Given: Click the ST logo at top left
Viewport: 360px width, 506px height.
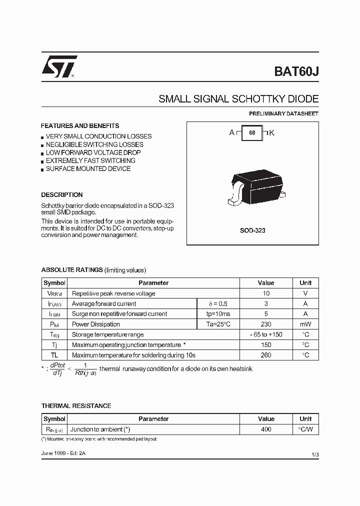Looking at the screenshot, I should [x=59, y=66].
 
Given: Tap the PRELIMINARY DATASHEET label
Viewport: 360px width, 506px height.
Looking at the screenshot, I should [x=283, y=113].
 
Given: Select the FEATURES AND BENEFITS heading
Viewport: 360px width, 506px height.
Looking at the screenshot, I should [x=80, y=126].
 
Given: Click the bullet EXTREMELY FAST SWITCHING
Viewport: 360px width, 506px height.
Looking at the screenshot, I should [x=90, y=160].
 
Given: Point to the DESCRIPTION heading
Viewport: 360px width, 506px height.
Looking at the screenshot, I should [x=62, y=195].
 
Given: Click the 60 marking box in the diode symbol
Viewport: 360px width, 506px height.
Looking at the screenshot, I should [x=252, y=133].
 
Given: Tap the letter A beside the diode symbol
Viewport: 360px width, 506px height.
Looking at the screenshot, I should [x=232, y=133].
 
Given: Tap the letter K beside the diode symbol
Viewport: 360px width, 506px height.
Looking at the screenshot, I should [x=272, y=133].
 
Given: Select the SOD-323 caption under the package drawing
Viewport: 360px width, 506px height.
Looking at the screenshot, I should [x=252, y=230].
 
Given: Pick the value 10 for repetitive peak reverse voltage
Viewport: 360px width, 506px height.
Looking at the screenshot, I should [x=266, y=293].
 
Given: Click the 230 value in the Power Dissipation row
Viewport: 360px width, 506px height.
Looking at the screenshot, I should [x=266, y=324].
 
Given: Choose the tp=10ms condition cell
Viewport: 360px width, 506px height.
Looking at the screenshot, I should [x=218, y=314].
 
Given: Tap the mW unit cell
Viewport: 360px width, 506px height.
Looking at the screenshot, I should [x=305, y=324].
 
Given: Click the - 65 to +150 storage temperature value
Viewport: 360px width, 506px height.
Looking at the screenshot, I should [x=266, y=334].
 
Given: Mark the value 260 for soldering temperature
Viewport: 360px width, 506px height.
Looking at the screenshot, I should [x=266, y=355].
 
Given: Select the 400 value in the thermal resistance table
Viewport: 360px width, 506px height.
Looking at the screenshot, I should [x=266, y=429].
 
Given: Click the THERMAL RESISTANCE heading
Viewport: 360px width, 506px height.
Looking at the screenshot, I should [x=76, y=406].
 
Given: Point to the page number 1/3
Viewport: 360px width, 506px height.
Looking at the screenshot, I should [x=314, y=454].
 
